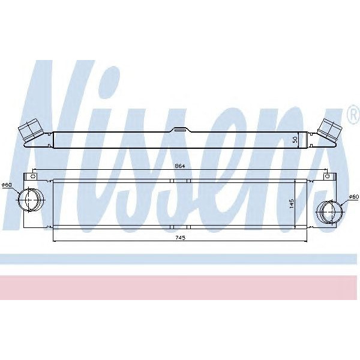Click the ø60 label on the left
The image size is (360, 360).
(x=7, y=184)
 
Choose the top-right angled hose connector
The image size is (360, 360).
(x=329, y=128)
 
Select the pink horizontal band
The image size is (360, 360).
(x=180, y=287)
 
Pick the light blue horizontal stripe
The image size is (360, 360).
(x=180, y=259)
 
